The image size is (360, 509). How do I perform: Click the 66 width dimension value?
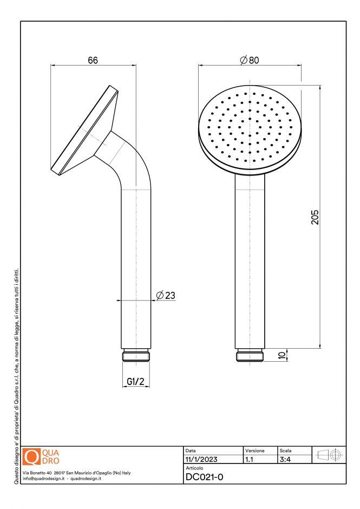(93, 60)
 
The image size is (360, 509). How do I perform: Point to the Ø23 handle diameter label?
(166, 295)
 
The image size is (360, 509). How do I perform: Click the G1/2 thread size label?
(135, 382)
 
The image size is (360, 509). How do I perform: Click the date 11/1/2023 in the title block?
(201, 459)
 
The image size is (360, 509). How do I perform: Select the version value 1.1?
(250, 459)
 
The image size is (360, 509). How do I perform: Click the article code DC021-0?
(204, 477)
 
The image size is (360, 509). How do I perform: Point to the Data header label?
(191, 451)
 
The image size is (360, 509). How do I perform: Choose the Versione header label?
(254, 451)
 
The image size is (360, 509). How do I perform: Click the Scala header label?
(285, 451)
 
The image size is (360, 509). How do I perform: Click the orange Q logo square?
(32, 456)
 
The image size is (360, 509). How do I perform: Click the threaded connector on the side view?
(135, 356)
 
